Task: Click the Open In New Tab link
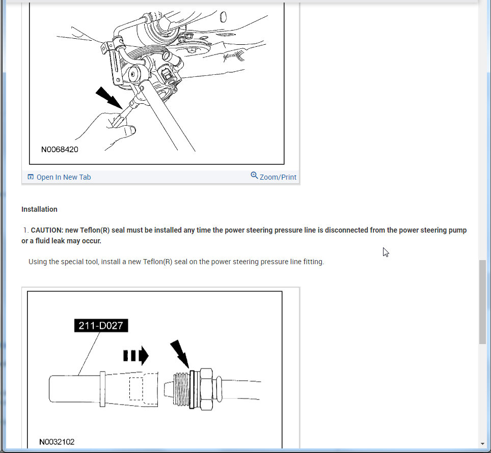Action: coord(59,177)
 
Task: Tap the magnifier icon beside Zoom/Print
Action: coord(254,176)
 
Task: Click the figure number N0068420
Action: coord(60,150)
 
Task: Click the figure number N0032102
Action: coord(57,442)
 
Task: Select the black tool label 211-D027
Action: coord(101,326)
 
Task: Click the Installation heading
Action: coord(39,209)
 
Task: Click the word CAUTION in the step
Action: coord(47,230)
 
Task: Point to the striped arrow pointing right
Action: coord(136,356)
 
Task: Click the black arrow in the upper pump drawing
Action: coord(108,98)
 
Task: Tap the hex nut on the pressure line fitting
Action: coord(206,389)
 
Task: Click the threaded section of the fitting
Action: coord(181,389)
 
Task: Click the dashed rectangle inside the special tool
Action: coord(136,388)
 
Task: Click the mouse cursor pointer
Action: coord(386,252)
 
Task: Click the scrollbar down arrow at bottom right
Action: coord(482,444)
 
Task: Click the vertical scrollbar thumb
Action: coord(482,302)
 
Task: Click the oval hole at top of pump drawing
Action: coord(223,17)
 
